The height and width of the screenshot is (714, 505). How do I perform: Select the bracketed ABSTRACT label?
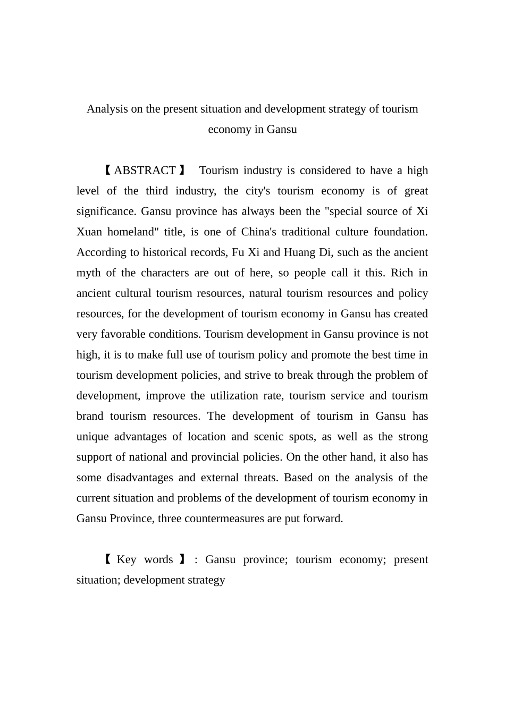coord(144,171)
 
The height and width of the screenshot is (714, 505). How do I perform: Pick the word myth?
coord(88,273)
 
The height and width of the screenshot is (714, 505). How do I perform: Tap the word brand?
coord(90,416)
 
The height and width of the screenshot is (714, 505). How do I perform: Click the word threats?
coord(260,478)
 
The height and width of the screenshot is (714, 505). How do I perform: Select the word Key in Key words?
coord(127,559)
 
